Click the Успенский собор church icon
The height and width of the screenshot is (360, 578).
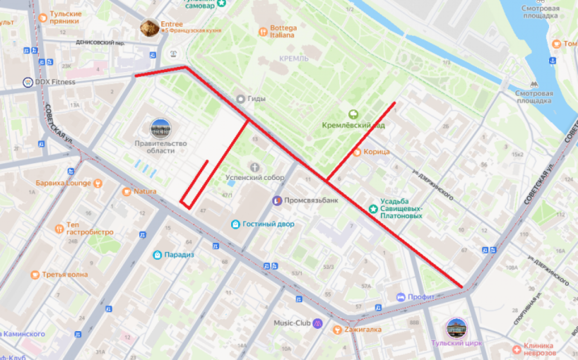(x=255, y=167)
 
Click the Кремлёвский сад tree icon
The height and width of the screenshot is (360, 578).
(x=353, y=114)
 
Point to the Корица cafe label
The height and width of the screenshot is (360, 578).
(x=377, y=152)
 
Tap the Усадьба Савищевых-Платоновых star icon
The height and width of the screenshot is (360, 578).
(x=373, y=208)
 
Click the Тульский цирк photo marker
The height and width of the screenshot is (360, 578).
(x=455, y=328)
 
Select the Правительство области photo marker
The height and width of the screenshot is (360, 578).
(x=160, y=129)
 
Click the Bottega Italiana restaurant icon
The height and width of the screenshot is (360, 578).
(x=263, y=32)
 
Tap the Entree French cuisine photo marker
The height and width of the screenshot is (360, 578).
(x=149, y=28)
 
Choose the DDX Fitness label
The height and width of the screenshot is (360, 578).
(x=55, y=82)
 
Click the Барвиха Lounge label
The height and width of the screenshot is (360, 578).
(x=63, y=183)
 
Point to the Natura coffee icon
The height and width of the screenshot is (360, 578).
(x=127, y=192)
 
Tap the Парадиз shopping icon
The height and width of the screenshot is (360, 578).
(x=157, y=255)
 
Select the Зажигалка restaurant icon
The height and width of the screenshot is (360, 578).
(x=338, y=330)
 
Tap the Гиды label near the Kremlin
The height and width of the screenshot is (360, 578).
(x=257, y=99)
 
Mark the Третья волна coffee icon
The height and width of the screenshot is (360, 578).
(x=35, y=275)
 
